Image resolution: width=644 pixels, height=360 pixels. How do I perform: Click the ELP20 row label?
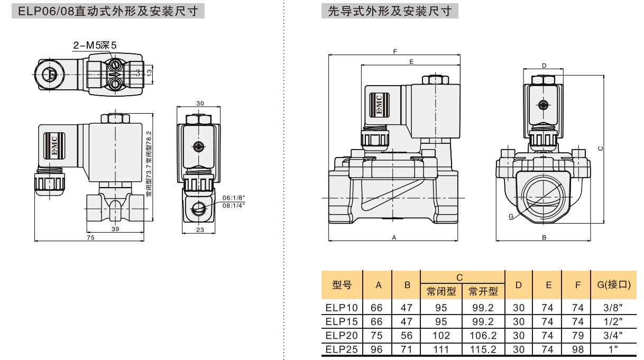(342, 335)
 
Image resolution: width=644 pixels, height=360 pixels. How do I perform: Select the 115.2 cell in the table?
(483, 349)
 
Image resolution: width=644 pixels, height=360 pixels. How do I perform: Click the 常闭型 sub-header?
(441, 291)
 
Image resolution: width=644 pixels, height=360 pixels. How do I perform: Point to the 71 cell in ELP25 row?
(406, 349)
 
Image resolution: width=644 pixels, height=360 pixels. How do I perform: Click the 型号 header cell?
(342, 284)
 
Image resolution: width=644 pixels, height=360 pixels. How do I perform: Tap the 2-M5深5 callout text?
(95, 45)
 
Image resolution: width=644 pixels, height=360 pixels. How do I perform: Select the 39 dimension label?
(115, 229)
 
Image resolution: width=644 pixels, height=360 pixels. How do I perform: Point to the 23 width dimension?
(200, 229)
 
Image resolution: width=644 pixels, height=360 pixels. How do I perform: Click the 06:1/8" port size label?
(234, 197)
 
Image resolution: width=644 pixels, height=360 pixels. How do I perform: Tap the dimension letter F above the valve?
(395, 52)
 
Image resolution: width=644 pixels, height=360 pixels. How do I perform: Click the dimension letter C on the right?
(600, 149)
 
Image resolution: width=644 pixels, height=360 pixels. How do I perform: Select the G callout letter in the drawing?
(510, 216)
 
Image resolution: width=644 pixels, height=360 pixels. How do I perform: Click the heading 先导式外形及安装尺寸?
(390, 11)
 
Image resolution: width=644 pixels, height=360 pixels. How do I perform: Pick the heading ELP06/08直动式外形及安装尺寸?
(108, 11)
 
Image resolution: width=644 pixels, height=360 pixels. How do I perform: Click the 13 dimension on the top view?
(149, 72)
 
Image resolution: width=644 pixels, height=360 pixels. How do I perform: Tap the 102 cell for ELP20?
(441, 335)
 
